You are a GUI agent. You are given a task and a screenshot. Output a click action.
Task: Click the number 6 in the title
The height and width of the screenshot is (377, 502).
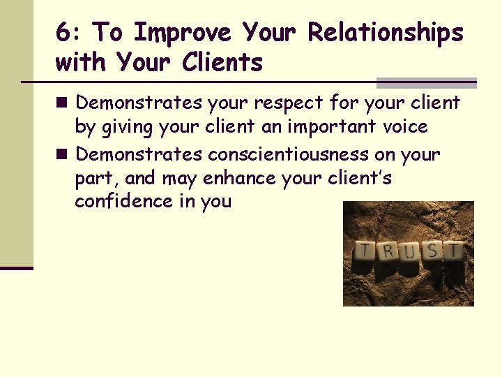coord(63,33)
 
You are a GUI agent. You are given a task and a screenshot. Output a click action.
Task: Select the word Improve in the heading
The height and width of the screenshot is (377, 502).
coord(183,33)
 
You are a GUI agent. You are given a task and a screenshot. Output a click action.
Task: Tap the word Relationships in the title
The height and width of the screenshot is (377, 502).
coord(386,33)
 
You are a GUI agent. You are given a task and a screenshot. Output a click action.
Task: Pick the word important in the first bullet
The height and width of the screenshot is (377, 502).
coord(330,127)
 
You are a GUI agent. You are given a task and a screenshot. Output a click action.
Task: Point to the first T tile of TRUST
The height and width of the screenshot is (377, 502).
coord(364,250)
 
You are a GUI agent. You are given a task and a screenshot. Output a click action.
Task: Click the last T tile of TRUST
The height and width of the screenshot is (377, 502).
coord(453,250)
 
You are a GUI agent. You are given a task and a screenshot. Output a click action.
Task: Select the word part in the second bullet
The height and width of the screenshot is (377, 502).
coord(98,178)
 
